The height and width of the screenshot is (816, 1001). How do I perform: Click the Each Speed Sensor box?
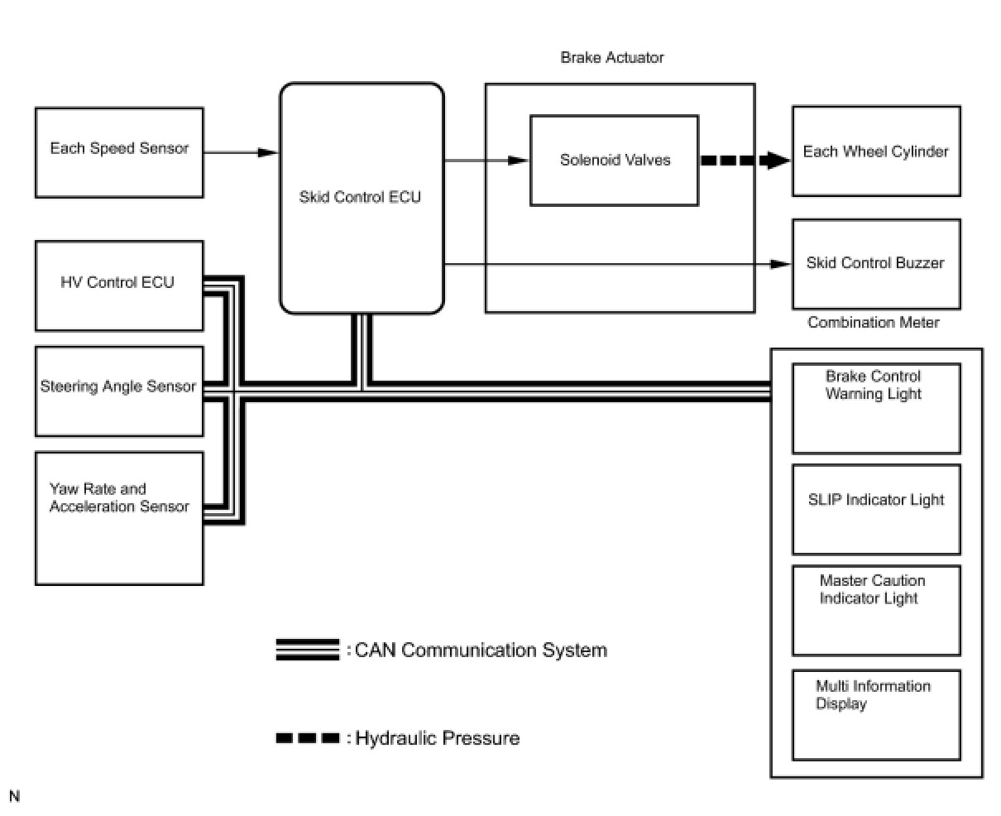(119, 152)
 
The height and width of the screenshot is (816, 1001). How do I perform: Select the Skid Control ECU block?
(362, 199)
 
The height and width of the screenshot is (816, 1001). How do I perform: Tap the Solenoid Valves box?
(614, 161)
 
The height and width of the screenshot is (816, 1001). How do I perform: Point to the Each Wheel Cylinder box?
(876, 151)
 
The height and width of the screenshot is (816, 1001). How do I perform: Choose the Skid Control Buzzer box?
(876, 264)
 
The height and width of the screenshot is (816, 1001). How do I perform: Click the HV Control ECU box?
(119, 286)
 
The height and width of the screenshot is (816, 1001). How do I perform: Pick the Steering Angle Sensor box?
(119, 391)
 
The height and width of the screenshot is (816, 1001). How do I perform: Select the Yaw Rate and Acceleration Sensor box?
(119, 518)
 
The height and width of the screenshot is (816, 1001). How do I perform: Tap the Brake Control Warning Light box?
(876, 408)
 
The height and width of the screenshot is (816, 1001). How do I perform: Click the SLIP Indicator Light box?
(876, 509)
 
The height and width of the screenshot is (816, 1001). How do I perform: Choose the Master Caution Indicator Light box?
(876, 610)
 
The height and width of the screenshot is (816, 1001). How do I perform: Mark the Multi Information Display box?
(876, 714)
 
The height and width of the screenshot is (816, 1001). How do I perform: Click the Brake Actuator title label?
(612, 58)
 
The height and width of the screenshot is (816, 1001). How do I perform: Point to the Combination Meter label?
(873, 323)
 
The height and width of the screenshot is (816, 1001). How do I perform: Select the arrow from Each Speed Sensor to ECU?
(240, 152)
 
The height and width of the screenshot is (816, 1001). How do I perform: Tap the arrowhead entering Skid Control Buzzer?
(780, 264)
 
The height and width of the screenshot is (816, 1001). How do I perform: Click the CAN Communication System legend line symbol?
(308, 650)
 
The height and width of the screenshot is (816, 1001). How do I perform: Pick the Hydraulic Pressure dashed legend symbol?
(308, 737)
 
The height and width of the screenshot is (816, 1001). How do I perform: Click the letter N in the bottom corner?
(15, 796)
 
